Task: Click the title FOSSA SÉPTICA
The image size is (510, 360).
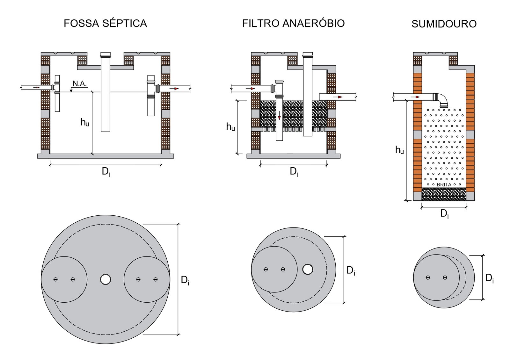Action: (x=105, y=23)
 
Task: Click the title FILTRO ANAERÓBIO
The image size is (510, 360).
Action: (x=293, y=23)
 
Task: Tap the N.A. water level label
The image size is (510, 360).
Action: (x=80, y=84)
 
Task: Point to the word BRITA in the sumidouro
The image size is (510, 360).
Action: (x=444, y=185)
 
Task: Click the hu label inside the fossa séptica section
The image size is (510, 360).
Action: (x=85, y=122)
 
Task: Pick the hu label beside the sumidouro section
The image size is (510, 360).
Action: (x=400, y=150)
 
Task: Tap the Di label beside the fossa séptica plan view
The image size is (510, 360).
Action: (x=185, y=280)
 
